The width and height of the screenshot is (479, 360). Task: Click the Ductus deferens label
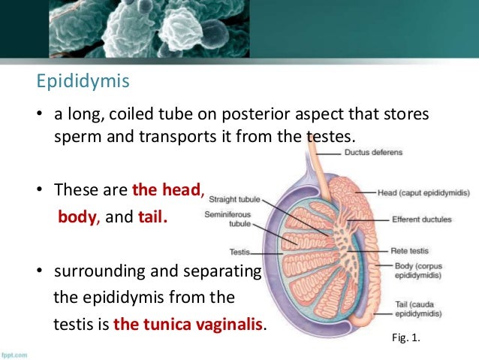(x=373, y=152)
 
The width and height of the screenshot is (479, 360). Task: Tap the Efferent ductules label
(x=421, y=219)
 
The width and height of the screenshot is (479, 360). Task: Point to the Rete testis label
(x=410, y=251)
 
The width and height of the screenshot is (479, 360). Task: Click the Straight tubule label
(x=234, y=199)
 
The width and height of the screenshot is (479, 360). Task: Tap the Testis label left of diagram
(x=240, y=252)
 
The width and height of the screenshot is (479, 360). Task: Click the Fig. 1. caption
(x=407, y=339)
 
